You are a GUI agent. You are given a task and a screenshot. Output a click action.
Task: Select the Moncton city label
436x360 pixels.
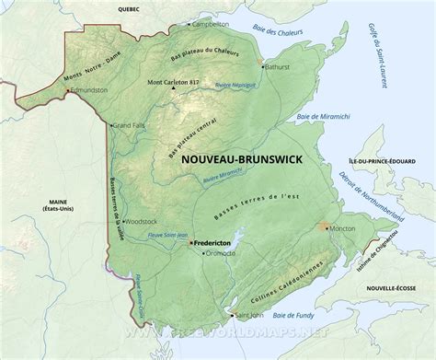point(344,227)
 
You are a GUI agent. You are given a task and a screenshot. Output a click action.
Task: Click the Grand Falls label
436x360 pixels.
point(127,124)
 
